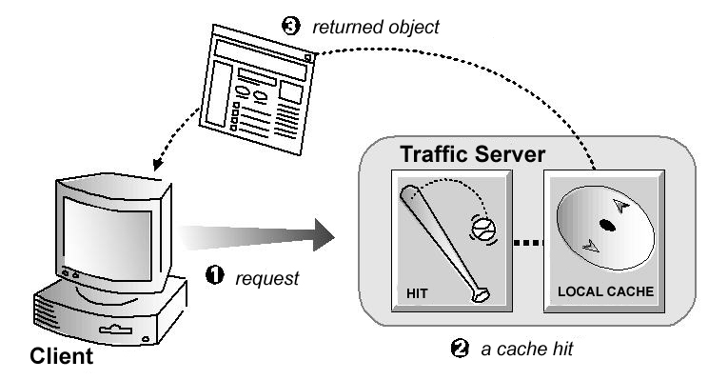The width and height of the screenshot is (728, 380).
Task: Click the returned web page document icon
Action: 261,91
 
